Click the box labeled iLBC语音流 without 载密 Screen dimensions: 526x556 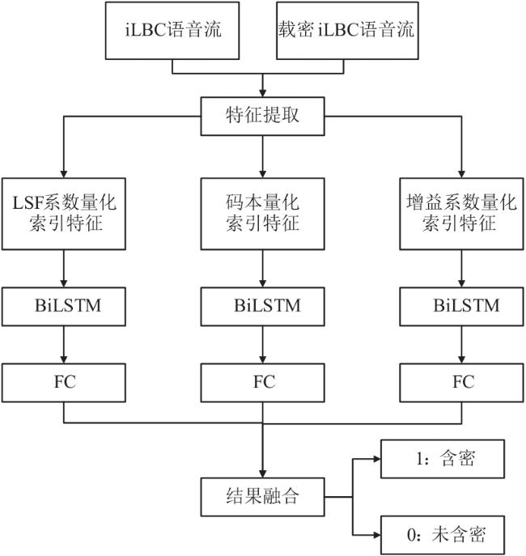pyautogui.click(x=172, y=31)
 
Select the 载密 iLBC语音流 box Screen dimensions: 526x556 pyautogui.click(x=347, y=31)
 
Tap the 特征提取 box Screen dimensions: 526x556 pyautogui.click(x=263, y=117)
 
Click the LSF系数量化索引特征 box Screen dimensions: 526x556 pyautogui.click(x=64, y=214)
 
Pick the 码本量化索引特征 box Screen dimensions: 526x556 pyautogui.click(x=263, y=214)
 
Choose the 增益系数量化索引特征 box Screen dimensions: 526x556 pyautogui.click(x=462, y=214)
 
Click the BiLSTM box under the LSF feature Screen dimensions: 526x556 pyautogui.click(x=64, y=307)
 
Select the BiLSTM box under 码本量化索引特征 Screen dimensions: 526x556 pyautogui.click(x=263, y=307)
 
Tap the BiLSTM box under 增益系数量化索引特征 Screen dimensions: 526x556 pyautogui.click(x=462, y=307)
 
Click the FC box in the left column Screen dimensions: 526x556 pyautogui.click(x=64, y=383)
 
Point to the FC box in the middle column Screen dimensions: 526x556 pyautogui.click(x=263, y=383)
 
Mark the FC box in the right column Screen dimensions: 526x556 pyautogui.click(x=462, y=383)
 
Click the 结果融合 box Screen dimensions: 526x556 pyautogui.click(x=263, y=497)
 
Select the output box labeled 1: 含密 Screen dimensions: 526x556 pyautogui.click(x=443, y=459)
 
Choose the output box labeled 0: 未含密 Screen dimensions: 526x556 pyautogui.click(x=443, y=535)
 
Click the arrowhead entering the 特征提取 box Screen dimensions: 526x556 pyautogui.click(x=263, y=93)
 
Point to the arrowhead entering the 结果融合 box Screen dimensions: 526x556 pyautogui.click(x=263, y=473)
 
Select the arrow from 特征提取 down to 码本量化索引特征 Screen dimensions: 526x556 pyautogui.click(x=263, y=157)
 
